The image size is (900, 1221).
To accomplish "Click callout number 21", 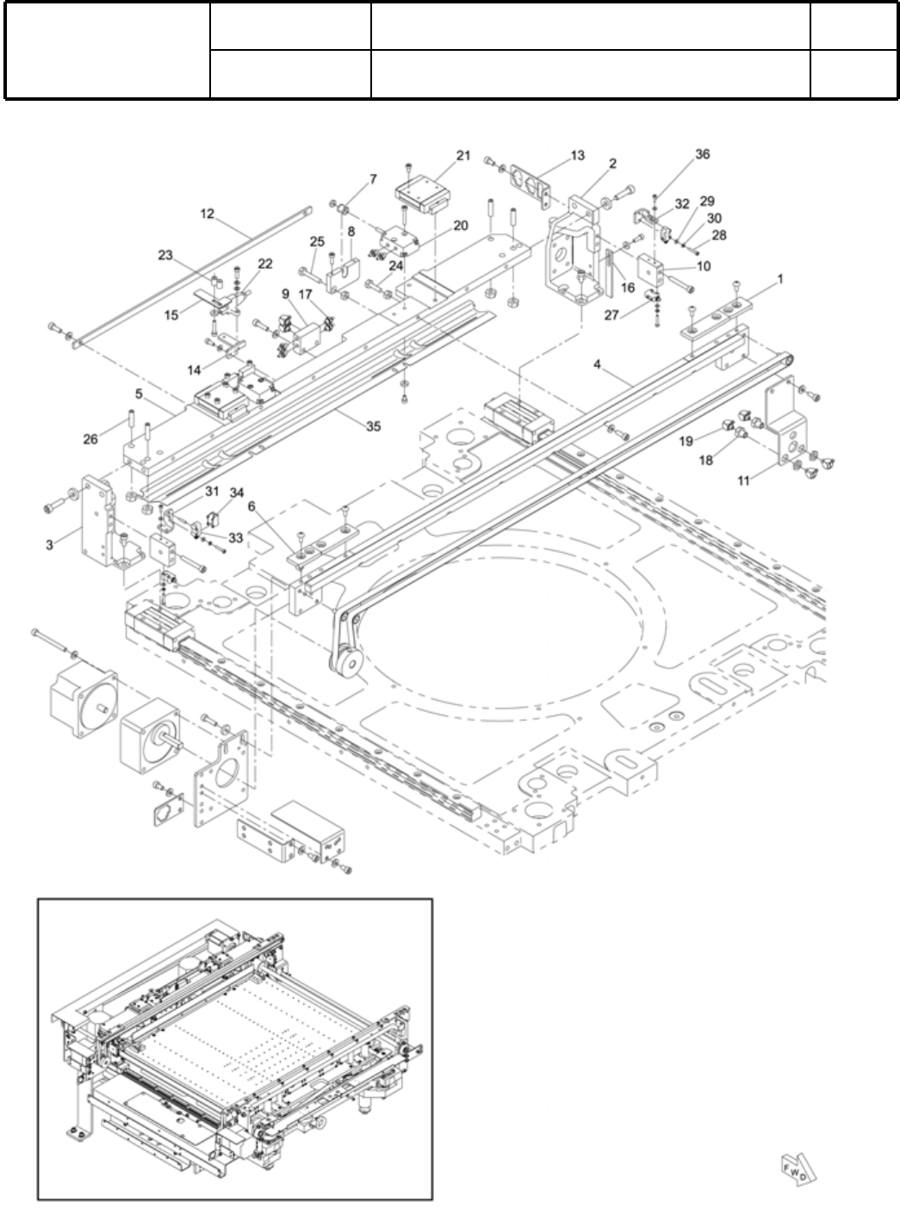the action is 463,155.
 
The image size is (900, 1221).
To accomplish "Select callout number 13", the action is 577,155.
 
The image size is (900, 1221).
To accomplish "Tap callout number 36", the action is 703,154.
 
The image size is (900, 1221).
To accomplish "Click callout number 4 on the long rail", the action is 596,364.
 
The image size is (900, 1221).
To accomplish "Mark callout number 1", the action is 779,280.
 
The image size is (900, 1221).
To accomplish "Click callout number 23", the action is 164,254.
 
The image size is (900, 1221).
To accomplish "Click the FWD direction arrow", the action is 798,1168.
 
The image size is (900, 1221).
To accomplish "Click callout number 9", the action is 285,293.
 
